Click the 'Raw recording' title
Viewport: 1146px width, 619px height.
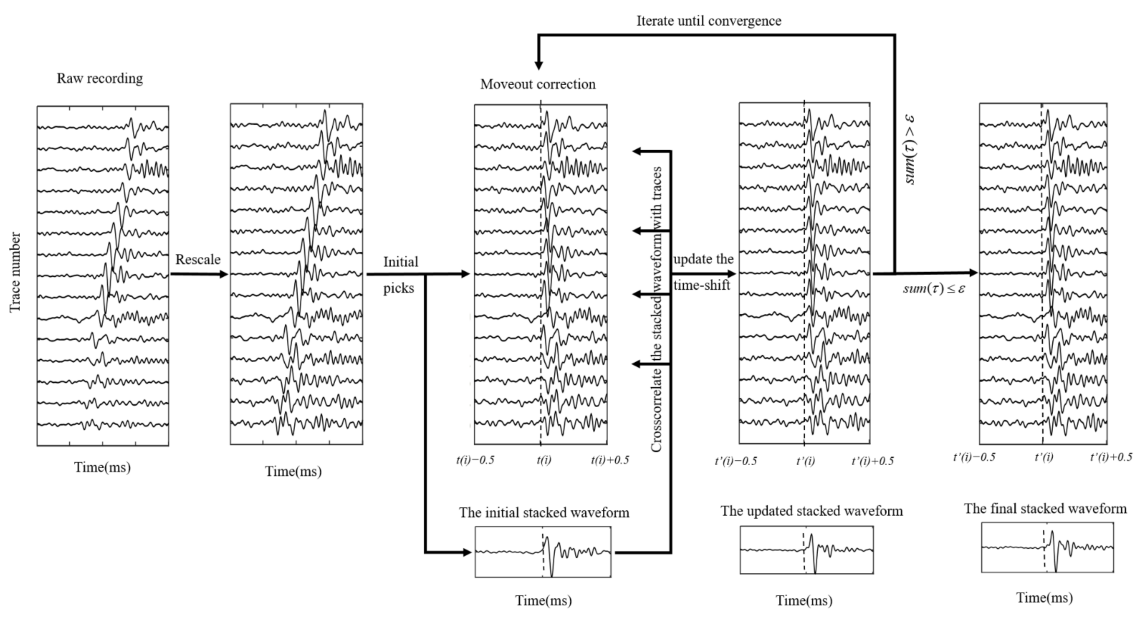(x=100, y=78)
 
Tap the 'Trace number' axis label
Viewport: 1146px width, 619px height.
(x=15, y=272)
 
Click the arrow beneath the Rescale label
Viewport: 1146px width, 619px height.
(x=199, y=274)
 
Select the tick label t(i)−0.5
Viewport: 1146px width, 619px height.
(x=475, y=459)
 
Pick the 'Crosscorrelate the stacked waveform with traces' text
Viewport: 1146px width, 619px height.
(x=657, y=309)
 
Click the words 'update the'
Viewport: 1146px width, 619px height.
(x=703, y=259)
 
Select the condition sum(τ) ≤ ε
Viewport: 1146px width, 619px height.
(x=934, y=288)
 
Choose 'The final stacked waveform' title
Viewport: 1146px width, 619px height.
(x=1045, y=508)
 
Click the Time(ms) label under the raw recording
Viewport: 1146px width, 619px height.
(x=102, y=467)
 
